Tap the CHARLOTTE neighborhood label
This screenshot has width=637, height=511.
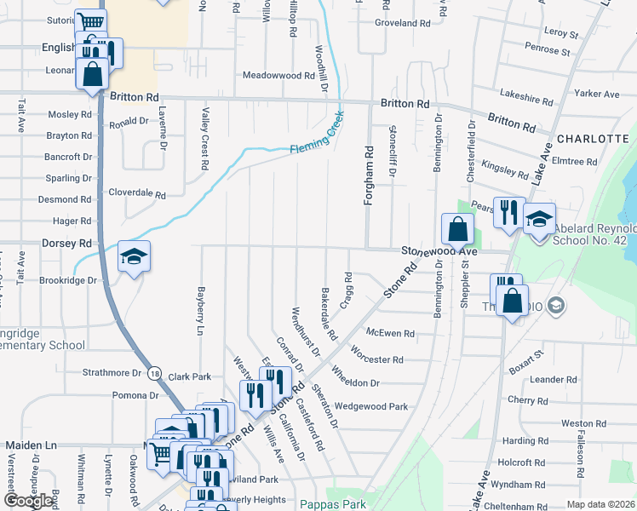coord(593,138)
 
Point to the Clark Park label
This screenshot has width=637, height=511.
coord(189,376)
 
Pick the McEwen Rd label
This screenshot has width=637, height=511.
coord(390,334)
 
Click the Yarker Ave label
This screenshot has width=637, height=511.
coord(597,94)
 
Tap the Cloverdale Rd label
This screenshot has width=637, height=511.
coord(136,194)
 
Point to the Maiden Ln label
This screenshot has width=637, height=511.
coord(31,445)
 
